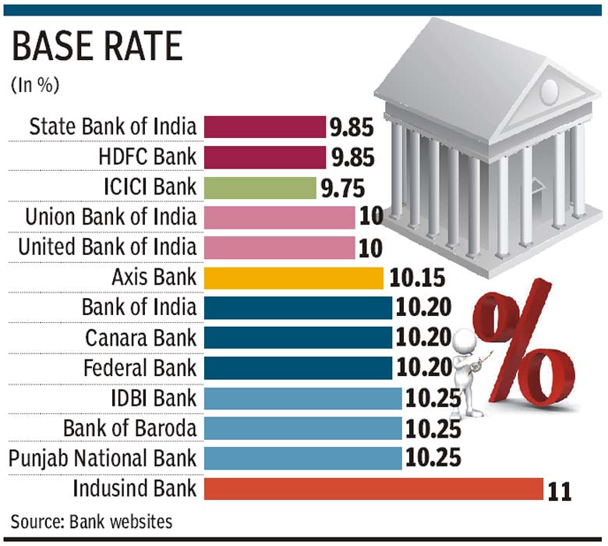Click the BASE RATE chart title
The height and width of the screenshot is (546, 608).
tap(97, 48)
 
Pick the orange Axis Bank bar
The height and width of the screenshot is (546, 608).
tap(293, 278)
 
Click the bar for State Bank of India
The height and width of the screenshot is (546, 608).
tap(264, 126)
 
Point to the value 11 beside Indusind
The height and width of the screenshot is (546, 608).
tap(560, 491)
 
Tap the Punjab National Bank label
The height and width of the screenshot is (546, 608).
tap(103, 459)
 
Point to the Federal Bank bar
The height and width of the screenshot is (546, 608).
tap(298, 368)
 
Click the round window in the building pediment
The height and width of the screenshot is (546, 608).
tap(549, 88)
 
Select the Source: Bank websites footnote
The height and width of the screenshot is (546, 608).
tap(91, 521)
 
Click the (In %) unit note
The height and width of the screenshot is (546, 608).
tap(35, 85)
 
